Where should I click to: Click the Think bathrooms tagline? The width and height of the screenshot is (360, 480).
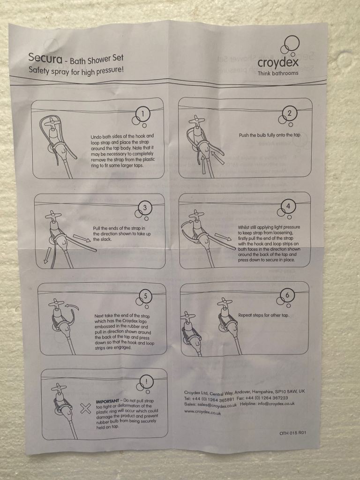pyautogui.click(x=277, y=73)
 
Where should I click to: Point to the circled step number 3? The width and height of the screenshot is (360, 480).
pyautogui.click(x=145, y=208)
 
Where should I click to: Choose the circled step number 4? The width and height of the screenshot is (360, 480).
pyautogui.click(x=288, y=206)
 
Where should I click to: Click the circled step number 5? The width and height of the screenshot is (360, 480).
pyautogui.click(x=146, y=296)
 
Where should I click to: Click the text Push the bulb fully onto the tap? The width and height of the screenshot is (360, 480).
pyautogui.click(x=270, y=135)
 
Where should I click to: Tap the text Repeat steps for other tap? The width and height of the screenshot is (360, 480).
pyautogui.click(x=263, y=315)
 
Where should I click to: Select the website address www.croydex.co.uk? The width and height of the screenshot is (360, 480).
pyautogui.click(x=202, y=412)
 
